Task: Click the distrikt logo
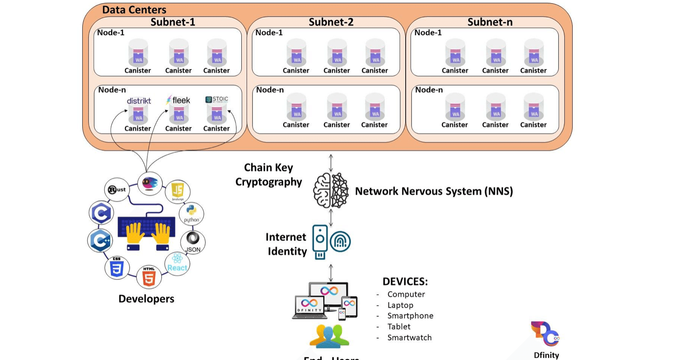click(x=138, y=101)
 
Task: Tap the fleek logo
click(x=178, y=100)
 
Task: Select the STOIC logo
click(x=217, y=100)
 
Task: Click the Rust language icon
click(x=117, y=189)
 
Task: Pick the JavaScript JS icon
click(x=177, y=191)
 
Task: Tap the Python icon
click(x=192, y=213)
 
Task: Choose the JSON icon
click(x=193, y=242)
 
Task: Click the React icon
click(x=177, y=263)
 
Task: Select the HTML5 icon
click(x=149, y=276)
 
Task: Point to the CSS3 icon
click(x=117, y=268)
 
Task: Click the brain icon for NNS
click(x=331, y=191)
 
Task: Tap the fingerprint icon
click(x=340, y=242)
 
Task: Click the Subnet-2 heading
click(x=331, y=22)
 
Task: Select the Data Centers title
click(x=134, y=9)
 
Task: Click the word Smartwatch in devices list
click(x=409, y=338)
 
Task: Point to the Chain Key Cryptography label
click(x=268, y=175)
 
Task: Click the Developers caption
click(x=146, y=299)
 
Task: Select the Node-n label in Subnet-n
click(x=429, y=90)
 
